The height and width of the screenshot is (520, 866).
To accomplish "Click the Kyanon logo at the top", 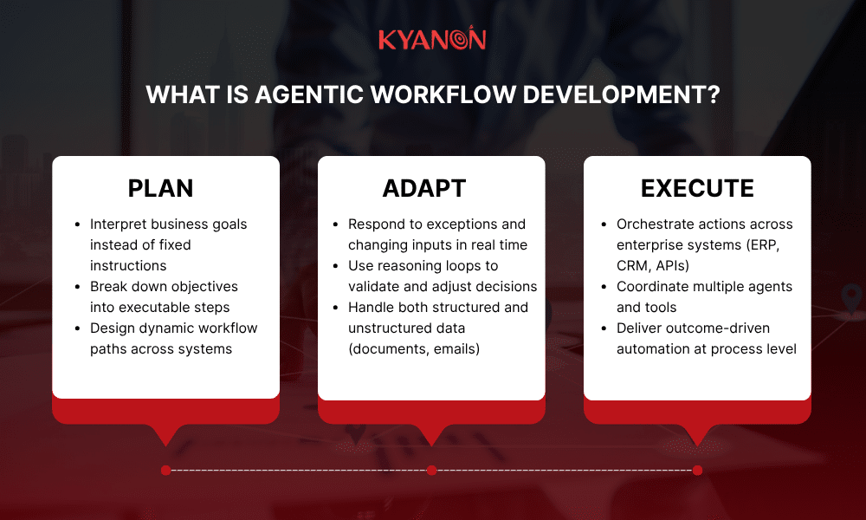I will (432, 39).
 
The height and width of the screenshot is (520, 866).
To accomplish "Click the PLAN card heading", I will (160, 188).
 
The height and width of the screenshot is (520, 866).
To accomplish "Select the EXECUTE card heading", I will (697, 188).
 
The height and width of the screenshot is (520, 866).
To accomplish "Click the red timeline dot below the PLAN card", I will (165, 471).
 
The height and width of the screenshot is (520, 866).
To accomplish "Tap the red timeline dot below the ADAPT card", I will (431, 471).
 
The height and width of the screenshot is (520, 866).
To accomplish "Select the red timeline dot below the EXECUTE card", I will (697, 471).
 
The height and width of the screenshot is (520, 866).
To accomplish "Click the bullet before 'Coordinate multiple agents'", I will (604, 287).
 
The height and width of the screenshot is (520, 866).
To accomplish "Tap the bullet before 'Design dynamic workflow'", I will (78, 328).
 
